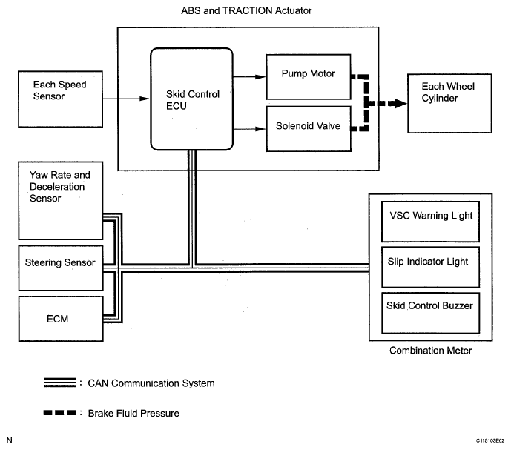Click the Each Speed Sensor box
60,99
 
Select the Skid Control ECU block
191,99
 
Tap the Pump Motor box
309,77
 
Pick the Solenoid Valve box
309,129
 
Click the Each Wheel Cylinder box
449,103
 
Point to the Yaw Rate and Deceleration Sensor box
61,201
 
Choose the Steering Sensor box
61,268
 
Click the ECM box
61,319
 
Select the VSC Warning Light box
430,222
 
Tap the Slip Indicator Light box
430,267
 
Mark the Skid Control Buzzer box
430,313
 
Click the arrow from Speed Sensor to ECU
126,99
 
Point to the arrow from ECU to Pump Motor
249,77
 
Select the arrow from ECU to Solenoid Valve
249,129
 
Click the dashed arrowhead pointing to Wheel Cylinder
398,104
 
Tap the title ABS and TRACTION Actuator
246,11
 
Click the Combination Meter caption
430,351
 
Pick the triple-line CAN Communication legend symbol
60,383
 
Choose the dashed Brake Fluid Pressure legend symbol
59,413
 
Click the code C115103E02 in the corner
489,441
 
